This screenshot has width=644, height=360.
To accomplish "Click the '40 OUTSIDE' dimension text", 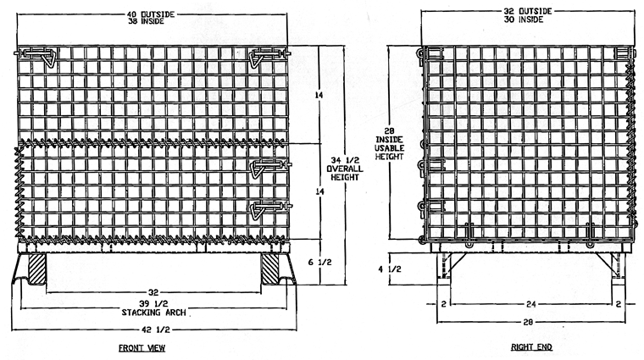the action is pos(151,14).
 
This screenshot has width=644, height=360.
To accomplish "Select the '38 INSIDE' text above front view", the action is pos(146,21).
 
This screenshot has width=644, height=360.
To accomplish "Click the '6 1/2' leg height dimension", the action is pos(320,262).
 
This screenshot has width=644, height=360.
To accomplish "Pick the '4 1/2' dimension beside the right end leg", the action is pos(389,269).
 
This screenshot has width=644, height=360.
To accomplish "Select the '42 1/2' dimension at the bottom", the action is pos(156,330).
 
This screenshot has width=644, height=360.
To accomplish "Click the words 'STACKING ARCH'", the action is pos(153,313).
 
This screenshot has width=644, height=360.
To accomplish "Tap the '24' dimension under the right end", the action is pos(531,304).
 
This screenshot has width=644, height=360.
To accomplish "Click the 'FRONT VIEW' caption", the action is pos(142,348).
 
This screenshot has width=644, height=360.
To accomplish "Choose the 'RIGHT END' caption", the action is pos(531,347).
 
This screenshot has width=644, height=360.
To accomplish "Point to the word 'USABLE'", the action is pos(389,147).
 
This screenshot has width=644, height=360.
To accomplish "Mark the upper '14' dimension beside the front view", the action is pos(319,95).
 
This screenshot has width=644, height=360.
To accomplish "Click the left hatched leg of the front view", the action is pos(37,269).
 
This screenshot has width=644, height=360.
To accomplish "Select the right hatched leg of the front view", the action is pos(270,269).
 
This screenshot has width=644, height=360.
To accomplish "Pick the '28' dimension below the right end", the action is pos(528,322).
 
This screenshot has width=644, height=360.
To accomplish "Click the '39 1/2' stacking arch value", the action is pos(153,304).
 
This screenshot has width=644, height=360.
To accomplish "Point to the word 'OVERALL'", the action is pos(345,169).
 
